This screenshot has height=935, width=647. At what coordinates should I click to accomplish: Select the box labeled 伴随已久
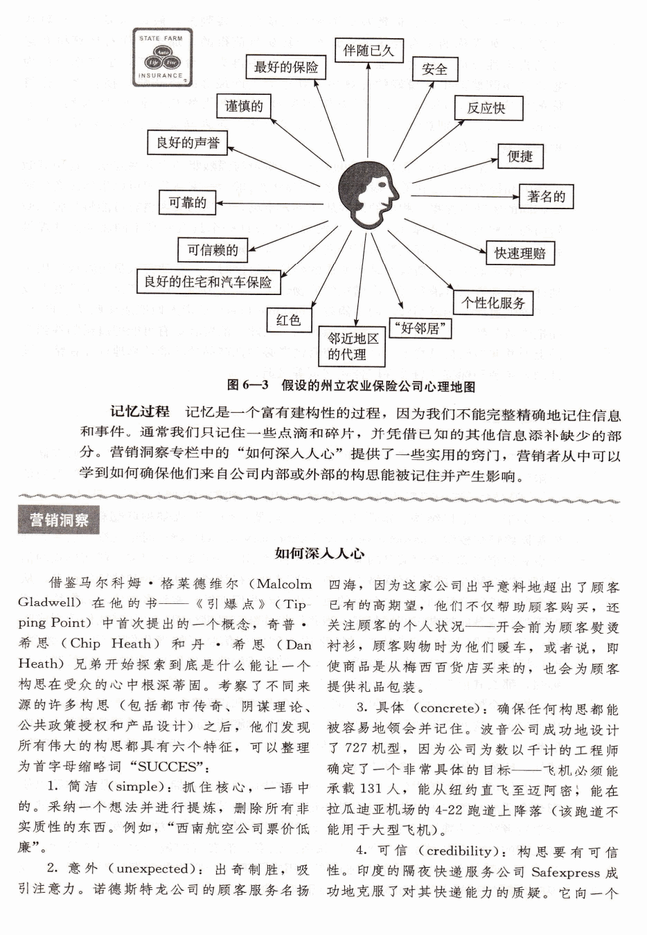tap(369, 50)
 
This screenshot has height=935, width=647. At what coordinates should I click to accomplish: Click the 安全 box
tap(434, 69)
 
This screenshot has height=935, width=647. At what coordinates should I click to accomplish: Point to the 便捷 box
tap(520, 156)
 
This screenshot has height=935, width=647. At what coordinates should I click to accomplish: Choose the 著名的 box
tap(547, 197)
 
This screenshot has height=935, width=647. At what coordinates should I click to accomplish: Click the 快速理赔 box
tap(520, 253)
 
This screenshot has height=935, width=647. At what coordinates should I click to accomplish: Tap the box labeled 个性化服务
tap(494, 303)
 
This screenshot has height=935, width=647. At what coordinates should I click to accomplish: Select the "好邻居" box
tap(420, 328)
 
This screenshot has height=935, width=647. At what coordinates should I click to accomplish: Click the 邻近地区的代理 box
tap(353, 346)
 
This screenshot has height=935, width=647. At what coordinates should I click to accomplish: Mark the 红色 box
tap(289, 320)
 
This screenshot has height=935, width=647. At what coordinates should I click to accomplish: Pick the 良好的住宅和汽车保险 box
tap(209, 282)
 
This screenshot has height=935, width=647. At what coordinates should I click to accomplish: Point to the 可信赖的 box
tap(213, 249)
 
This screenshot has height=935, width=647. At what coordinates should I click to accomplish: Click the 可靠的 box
tap(188, 202)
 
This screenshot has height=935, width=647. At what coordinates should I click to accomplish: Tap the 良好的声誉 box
tap(188, 143)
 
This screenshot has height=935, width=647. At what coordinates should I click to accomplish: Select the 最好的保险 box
tap(286, 67)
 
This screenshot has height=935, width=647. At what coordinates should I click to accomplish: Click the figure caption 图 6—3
tap(351, 386)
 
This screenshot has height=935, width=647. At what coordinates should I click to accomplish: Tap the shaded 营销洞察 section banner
tap(59, 520)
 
